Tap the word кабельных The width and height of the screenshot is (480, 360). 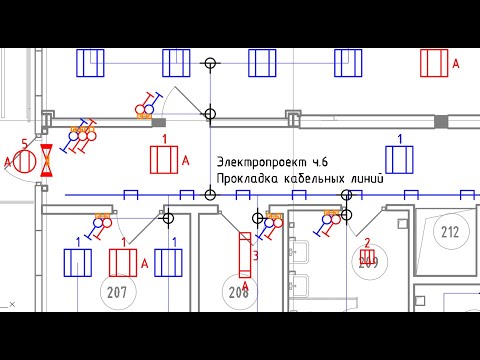[x=314, y=177]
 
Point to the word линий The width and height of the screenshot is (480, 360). [x=363, y=177]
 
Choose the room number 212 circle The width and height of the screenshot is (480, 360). [x=449, y=234]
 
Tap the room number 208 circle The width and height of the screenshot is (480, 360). [x=238, y=292]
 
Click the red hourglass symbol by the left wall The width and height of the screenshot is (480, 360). [x=45, y=162]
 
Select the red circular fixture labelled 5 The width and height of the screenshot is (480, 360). [x=27, y=160]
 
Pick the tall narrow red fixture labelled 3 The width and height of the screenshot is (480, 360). [x=245, y=257]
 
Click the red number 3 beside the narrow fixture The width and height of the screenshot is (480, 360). [x=256, y=257]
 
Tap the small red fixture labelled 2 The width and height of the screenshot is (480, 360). [x=367, y=258]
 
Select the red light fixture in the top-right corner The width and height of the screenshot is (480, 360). [x=433, y=63]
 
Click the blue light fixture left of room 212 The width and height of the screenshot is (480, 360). [x=399, y=159]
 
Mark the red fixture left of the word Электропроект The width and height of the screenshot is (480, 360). [x=162, y=159]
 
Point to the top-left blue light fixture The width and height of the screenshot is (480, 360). [x=91, y=63]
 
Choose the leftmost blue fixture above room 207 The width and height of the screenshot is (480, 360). [x=77, y=263]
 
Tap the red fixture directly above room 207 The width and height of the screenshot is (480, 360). [x=122, y=263]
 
